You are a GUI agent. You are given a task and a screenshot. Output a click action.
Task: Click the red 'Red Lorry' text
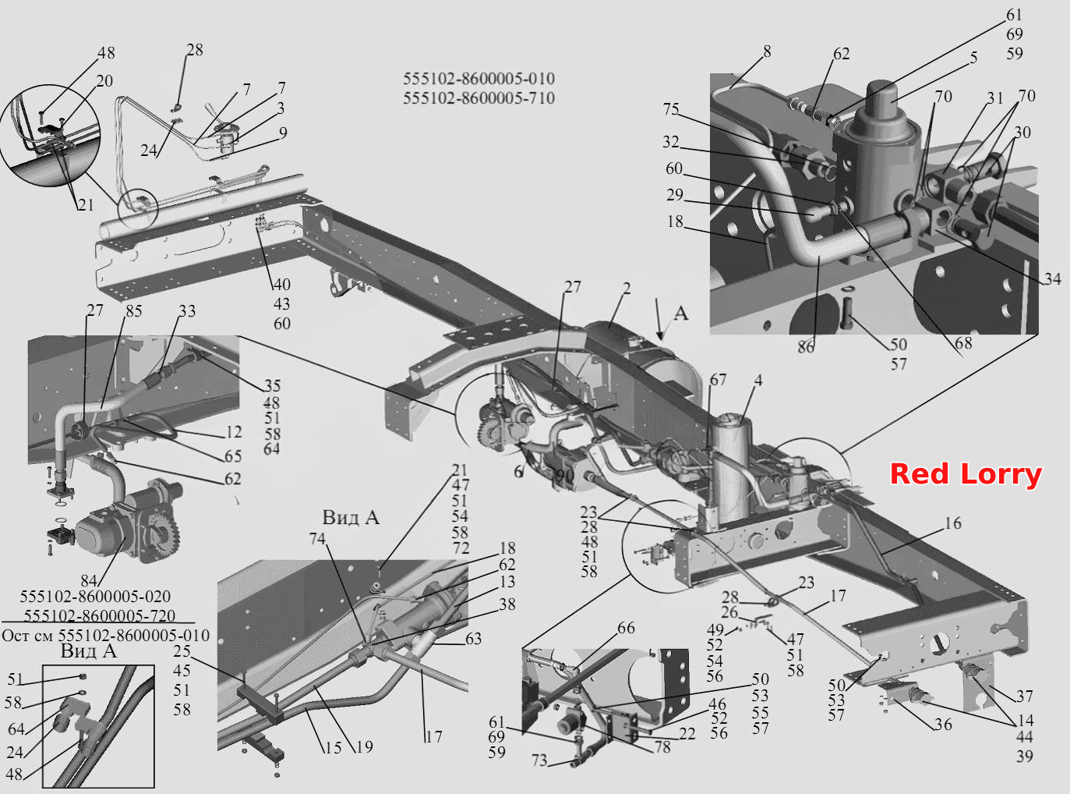[x=966, y=474]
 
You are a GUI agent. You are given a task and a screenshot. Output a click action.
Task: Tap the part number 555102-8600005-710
[x=478, y=98]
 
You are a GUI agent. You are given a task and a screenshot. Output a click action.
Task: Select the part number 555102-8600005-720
[x=100, y=616]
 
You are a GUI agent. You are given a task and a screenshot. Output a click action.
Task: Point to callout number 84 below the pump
[x=89, y=580]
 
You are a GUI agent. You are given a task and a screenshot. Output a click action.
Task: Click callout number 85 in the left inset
[x=133, y=311]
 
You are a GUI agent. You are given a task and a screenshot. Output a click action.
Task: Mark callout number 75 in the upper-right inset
[x=671, y=109]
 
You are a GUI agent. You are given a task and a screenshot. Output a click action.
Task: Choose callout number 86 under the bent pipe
[x=806, y=347]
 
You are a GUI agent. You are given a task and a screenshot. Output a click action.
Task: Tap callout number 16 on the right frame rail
[x=953, y=523]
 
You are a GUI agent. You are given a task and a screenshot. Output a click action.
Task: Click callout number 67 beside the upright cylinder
[x=718, y=380]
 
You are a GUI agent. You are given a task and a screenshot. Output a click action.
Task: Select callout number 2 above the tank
[x=627, y=289]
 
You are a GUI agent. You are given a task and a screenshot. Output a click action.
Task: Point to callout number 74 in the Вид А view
[x=317, y=538]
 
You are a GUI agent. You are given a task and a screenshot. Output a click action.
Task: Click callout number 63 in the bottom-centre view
[x=473, y=639]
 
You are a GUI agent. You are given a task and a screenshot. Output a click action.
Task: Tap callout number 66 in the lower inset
[x=626, y=628]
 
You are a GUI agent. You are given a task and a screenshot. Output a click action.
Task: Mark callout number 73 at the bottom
[x=540, y=760]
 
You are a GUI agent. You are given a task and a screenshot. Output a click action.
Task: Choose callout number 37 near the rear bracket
[x=1025, y=696]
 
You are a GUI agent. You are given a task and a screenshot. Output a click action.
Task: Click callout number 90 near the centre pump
[x=565, y=476]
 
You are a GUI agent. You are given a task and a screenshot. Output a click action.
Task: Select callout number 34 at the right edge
[x=1053, y=278]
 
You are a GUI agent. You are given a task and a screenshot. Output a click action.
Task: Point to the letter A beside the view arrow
[x=680, y=314]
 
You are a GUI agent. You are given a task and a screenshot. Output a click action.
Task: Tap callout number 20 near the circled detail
[x=104, y=80]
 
